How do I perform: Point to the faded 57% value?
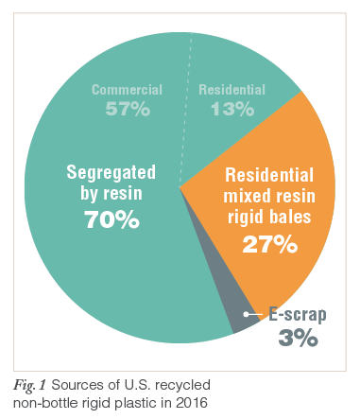pos(127,110)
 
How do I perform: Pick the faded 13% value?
pos(231,110)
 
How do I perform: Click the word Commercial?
pos(127,90)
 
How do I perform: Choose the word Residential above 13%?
pos(231,90)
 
